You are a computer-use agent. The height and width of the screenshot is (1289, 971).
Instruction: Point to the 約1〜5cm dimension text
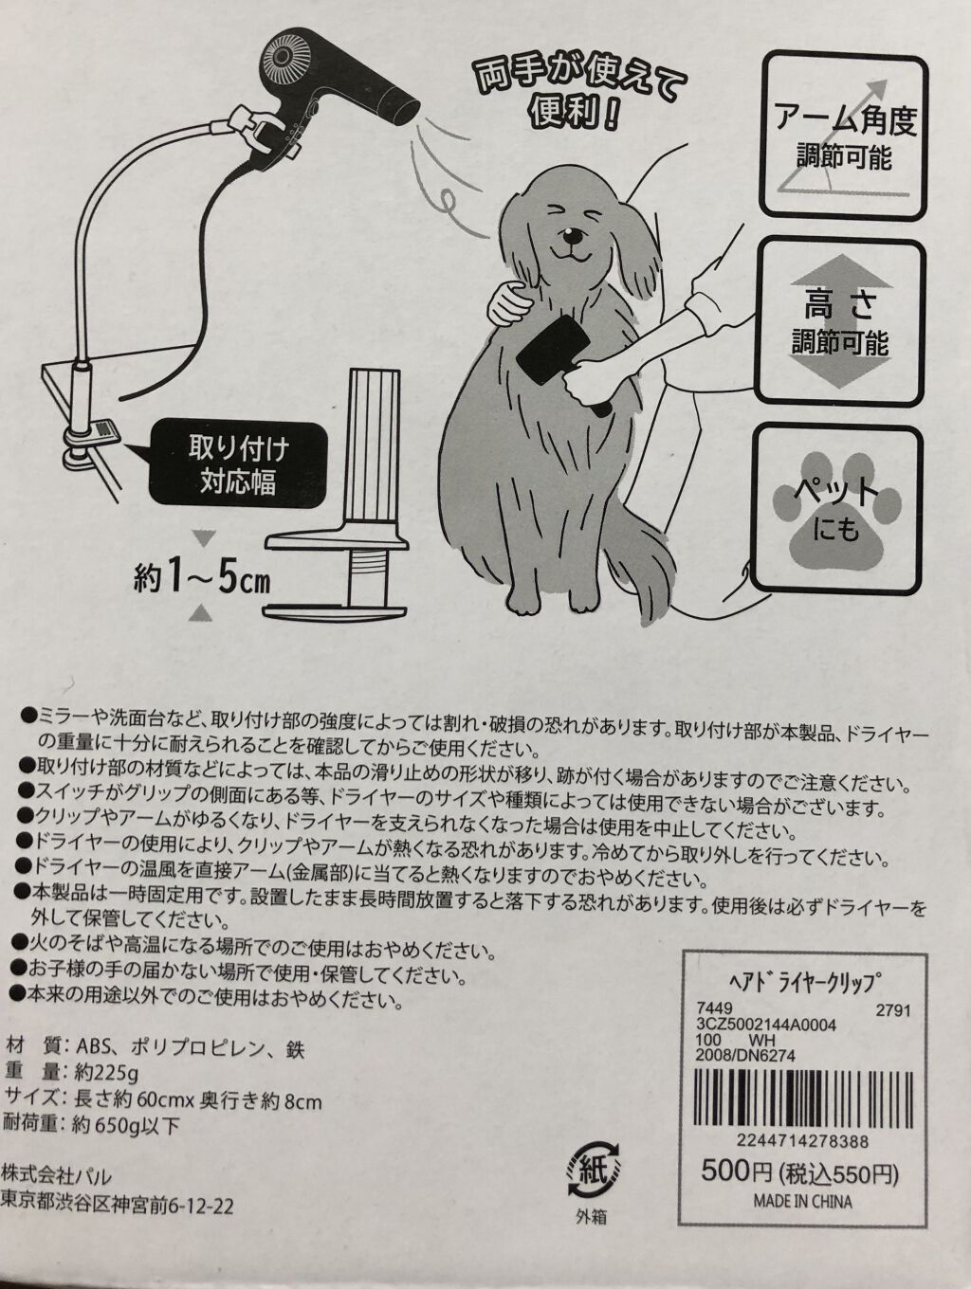coord(201,581)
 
